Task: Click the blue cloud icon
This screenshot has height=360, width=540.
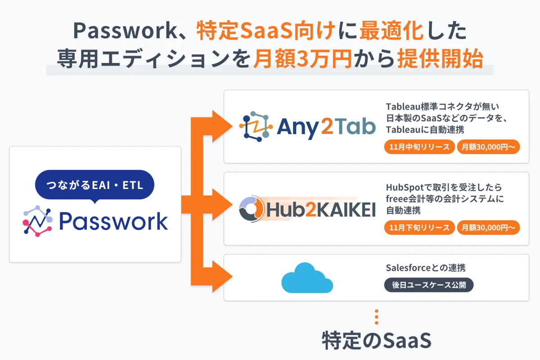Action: pos(307,278)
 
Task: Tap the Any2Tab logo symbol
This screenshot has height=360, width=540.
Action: pos(255,126)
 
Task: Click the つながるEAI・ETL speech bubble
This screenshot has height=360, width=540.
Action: pos(94,185)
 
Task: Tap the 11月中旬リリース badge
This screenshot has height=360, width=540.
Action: pos(419,147)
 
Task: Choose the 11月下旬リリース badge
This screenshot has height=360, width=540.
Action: pos(419,228)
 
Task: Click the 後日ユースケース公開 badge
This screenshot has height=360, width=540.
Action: pos(428,285)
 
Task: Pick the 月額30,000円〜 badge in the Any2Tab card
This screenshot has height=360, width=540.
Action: pos(488,147)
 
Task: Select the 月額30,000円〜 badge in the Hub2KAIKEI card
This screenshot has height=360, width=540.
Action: pos(488,228)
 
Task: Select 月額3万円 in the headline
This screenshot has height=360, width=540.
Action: pos(302,59)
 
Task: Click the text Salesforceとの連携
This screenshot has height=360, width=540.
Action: pos(426,268)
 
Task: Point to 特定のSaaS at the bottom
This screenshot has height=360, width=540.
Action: pos(377,341)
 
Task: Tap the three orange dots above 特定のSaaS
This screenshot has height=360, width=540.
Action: pos(377,317)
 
